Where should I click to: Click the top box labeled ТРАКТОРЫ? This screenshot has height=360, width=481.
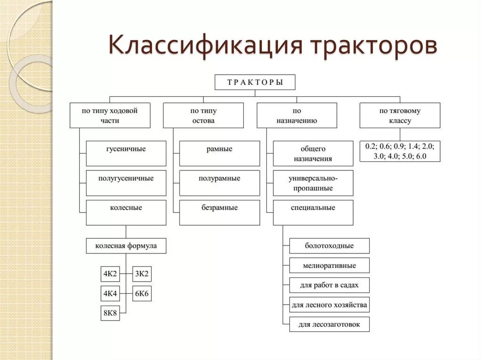point(255,83)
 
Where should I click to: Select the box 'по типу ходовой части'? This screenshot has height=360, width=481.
point(110,115)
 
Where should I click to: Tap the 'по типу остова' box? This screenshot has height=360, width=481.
point(203,115)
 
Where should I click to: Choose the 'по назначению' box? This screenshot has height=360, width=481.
point(297,115)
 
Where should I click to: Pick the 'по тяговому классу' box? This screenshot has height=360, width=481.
point(400,115)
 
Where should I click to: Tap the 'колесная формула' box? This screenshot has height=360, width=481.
point(126,246)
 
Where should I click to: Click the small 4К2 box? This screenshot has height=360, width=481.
point(110,274)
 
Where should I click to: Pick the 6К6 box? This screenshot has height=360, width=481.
point(142,294)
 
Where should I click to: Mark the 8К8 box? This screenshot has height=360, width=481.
point(110,313)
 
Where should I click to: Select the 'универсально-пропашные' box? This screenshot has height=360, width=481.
point(313,183)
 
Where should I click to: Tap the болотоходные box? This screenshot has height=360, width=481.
point(329,246)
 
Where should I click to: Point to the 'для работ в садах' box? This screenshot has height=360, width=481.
point(329,285)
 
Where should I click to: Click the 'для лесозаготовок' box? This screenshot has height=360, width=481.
point(329,324)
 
